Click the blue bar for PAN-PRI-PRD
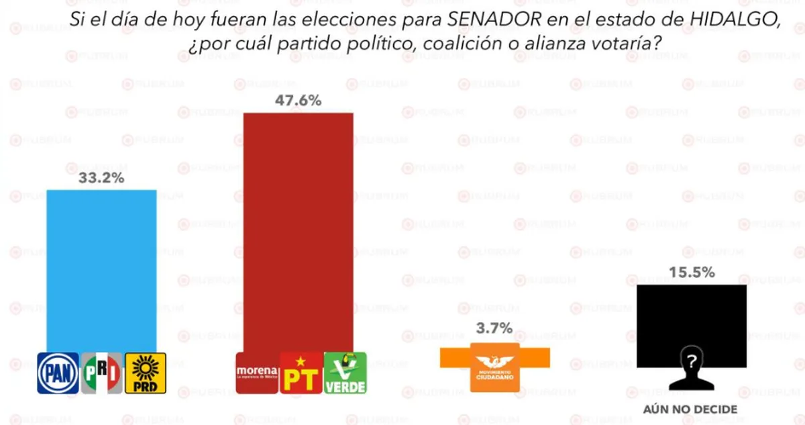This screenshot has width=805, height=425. [101, 269]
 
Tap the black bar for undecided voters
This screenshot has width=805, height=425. [691, 316]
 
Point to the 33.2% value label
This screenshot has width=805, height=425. [101, 179]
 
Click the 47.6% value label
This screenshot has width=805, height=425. [298, 101]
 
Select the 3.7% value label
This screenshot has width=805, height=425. [494, 328]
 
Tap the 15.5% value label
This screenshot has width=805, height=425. [691, 273]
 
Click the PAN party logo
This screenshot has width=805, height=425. [58, 373]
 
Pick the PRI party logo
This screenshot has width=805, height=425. [101, 373]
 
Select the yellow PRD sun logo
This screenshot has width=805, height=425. [145, 373]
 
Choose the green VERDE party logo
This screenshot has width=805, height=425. [345, 373]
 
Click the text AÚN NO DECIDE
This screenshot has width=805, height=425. [690, 409]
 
